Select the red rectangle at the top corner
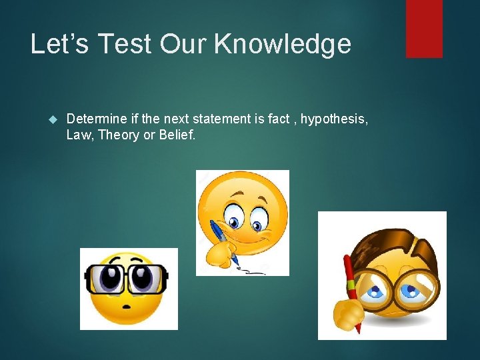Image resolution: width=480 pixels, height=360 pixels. (424, 28)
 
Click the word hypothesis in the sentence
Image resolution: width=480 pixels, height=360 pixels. (333, 119)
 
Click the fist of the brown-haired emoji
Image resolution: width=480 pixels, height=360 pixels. (345, 311)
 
